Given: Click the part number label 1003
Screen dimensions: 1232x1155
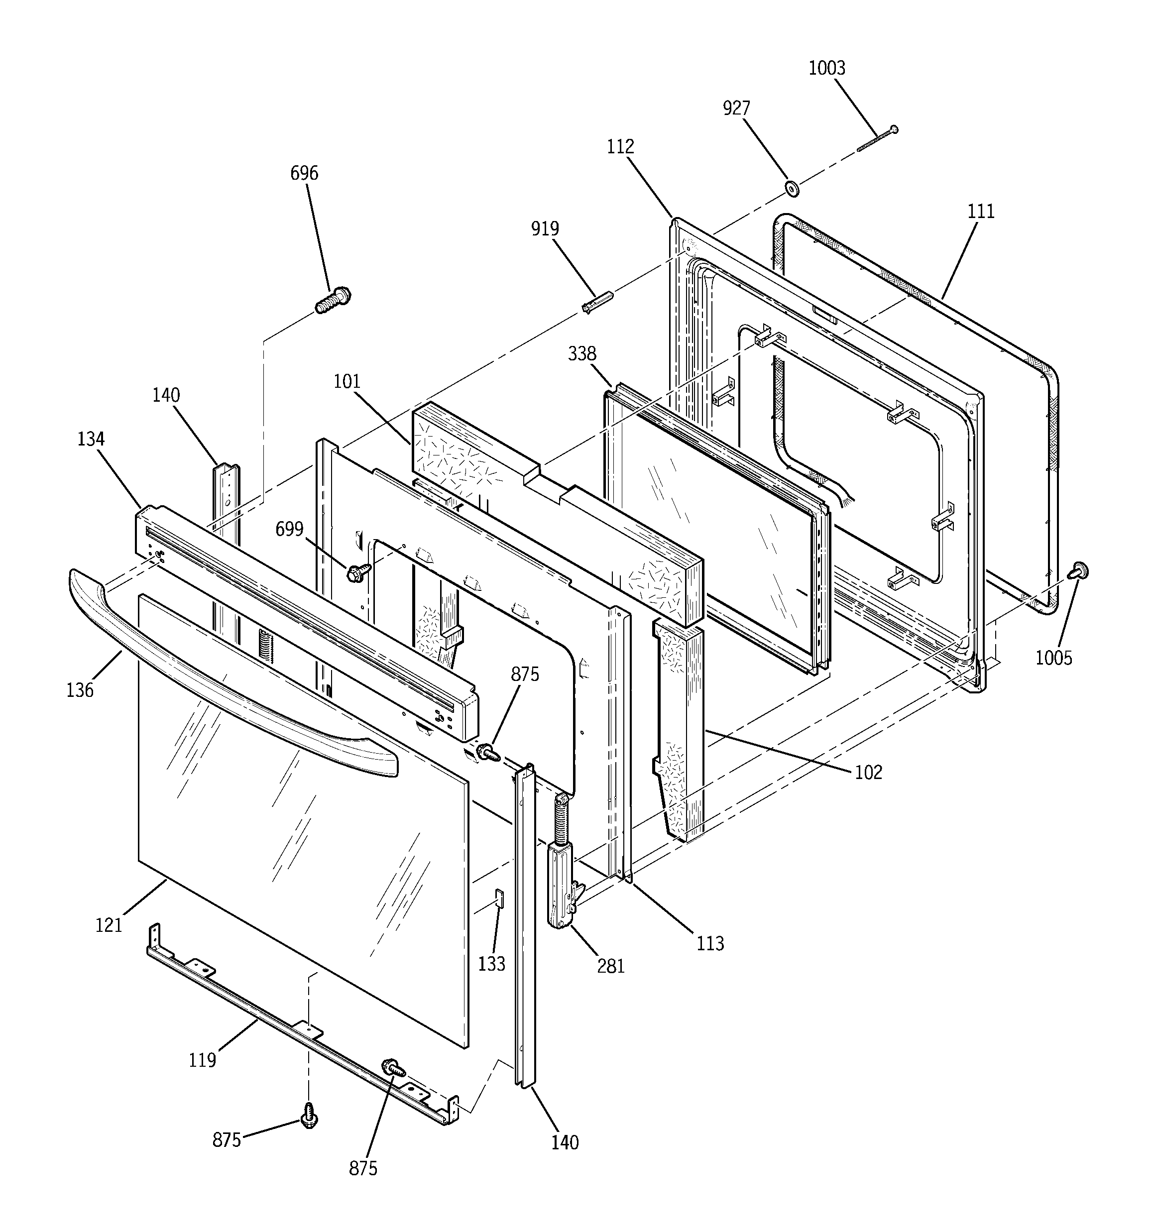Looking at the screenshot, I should [x=826, y=68].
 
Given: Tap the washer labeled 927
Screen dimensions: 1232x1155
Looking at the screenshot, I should [x=791, y=188].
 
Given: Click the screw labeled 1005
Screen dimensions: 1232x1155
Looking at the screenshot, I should [x=1079, y=571].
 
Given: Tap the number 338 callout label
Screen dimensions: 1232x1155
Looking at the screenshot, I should [x=581, y=354].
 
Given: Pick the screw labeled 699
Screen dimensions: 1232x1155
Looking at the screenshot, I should [x=358, y=572].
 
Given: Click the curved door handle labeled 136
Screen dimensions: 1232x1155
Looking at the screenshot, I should [x=230, y=681].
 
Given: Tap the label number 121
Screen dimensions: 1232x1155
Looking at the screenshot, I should [x=109, y=925].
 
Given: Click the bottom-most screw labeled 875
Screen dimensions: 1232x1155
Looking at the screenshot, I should [x=308, y=1116].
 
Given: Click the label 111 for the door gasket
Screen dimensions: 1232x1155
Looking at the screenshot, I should [x=981, y=212].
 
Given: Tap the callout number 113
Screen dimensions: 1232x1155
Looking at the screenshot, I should [x=710, y=943].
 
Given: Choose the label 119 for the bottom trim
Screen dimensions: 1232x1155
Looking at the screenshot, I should [x=202, y=1060].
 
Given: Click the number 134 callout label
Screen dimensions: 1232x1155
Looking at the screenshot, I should [x=91, y=440].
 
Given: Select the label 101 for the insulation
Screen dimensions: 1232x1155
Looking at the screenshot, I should [x=346, y=381].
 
